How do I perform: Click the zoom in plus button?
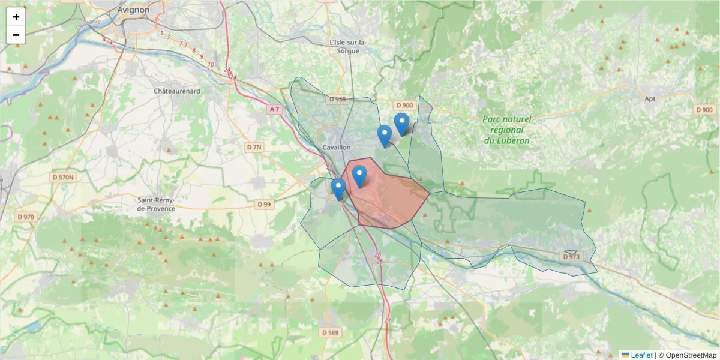[16, 17]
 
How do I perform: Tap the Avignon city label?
[133, 10]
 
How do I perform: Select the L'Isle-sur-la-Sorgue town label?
[348, 47]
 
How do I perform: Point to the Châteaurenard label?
[177, 91]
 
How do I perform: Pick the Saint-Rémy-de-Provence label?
[156, 204]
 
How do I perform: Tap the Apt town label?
[649, 98]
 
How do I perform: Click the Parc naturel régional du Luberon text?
[507, 130]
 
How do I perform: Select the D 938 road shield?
[337, 99]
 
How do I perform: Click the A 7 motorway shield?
[274, 109]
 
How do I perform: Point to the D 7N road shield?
[254, 147]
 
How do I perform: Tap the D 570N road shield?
[62, 177]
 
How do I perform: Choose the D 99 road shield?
[264, 204]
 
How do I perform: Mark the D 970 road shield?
[26, 217]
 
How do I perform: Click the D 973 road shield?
[571, 257]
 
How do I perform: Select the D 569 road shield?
[330, 332]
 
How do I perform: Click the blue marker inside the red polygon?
[359, 176]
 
